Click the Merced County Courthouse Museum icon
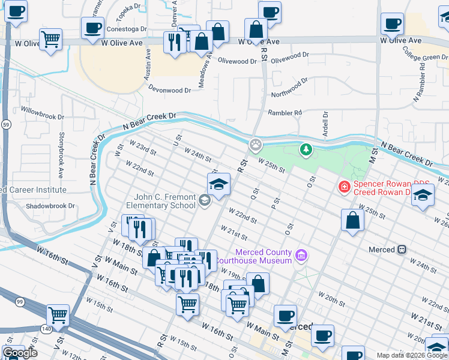301,257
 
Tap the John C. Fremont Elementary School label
165,201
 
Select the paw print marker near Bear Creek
256,145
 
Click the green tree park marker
306,148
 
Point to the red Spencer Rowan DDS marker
345,187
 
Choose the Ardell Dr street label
325,123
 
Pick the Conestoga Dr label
126,29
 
